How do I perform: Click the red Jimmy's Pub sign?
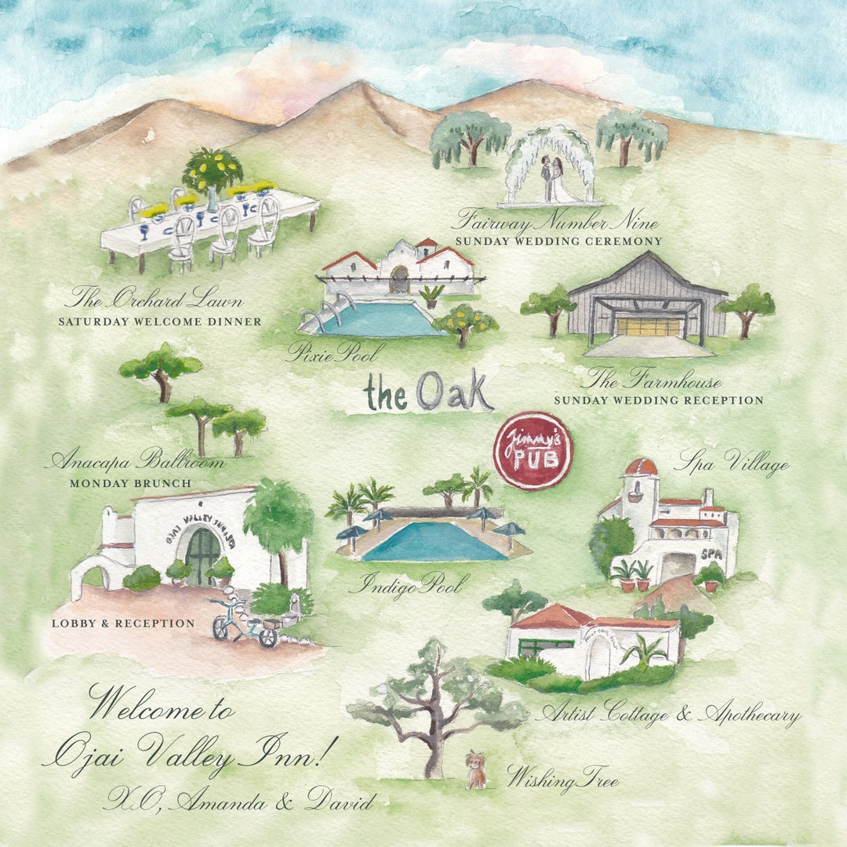click(533, 451)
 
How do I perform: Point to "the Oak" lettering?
click(428, 391)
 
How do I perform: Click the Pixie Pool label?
click(336, 351)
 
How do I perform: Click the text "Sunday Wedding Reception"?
click(658, 401)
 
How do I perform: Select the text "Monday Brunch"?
click(130, 484)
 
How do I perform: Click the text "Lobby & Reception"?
click(122, 623)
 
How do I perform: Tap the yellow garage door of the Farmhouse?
click(647, 325)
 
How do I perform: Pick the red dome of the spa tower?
click(641, 467)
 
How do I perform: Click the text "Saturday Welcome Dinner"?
click(160, 322)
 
